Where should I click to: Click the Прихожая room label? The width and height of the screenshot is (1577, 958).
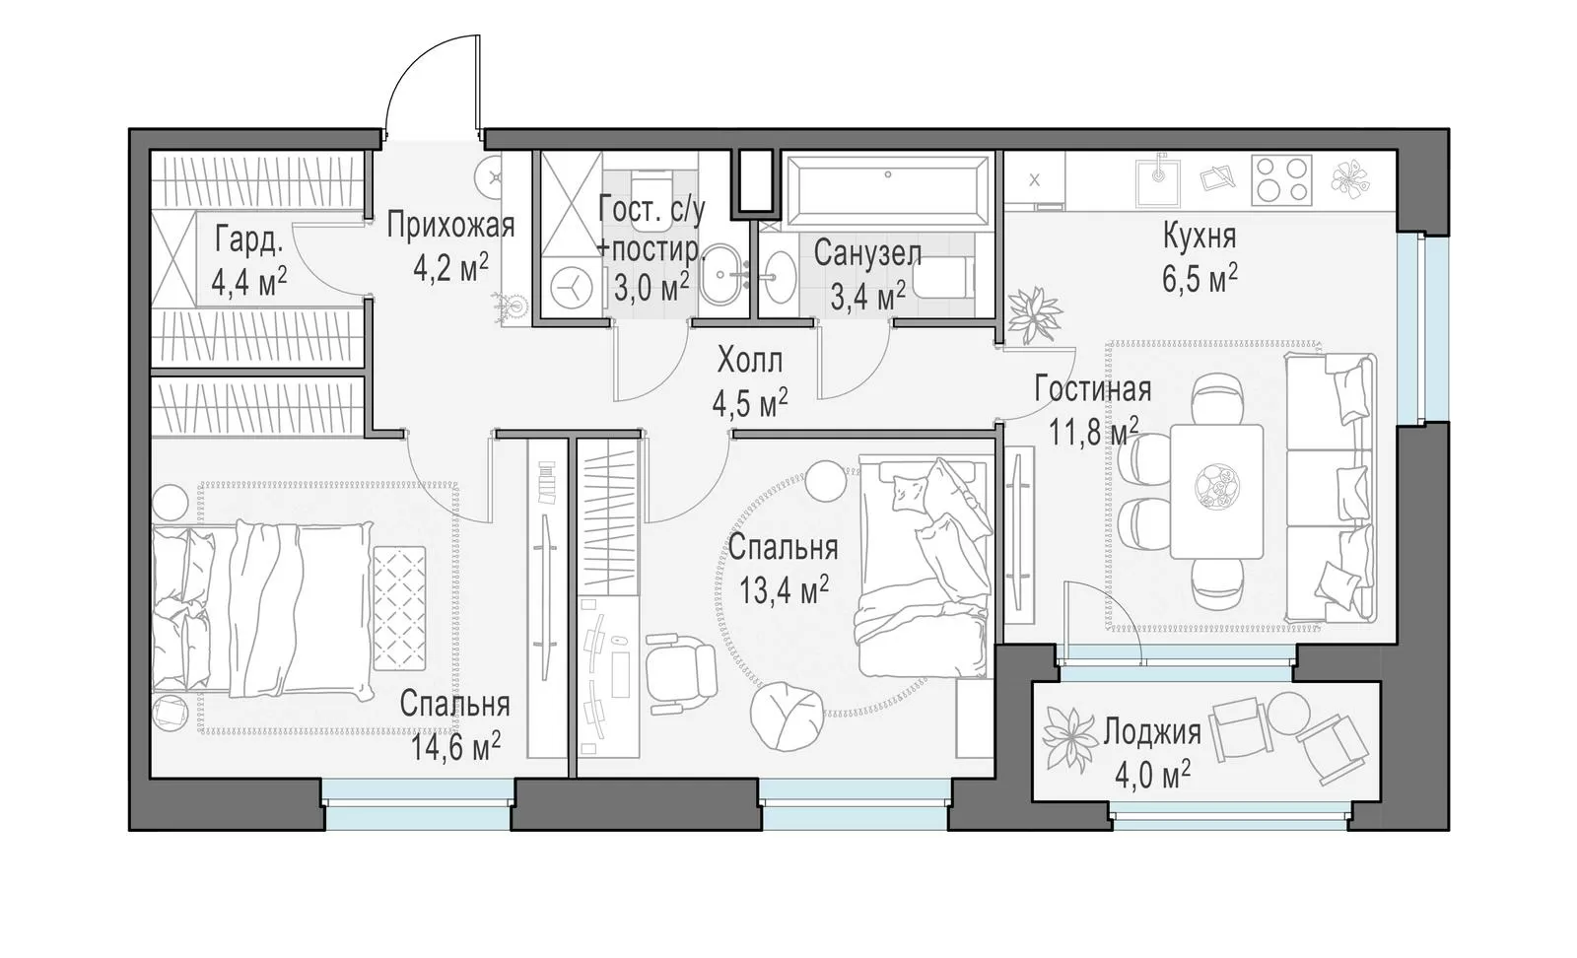point(450,226)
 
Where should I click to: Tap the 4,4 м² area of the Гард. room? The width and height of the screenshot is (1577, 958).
point(248,283)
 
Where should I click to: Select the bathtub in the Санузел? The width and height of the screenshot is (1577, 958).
point(887,186)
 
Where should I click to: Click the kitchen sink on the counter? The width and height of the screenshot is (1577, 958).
point(1158,179)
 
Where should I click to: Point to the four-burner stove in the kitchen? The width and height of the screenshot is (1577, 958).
point(1282,180)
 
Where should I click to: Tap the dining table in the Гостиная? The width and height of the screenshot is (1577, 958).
point(1216,491)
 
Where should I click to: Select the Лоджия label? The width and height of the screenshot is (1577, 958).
point(1152,732)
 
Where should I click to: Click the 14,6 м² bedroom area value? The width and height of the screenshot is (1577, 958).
point(455,747)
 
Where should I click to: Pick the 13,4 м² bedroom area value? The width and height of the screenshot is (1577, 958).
point(783,589)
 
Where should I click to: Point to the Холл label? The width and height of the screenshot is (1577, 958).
point(750,361)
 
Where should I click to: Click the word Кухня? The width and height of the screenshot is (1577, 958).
point(1199,236)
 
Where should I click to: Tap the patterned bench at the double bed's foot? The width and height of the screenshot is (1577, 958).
point(399,608)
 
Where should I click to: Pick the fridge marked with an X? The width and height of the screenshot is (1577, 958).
point(1034,180)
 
